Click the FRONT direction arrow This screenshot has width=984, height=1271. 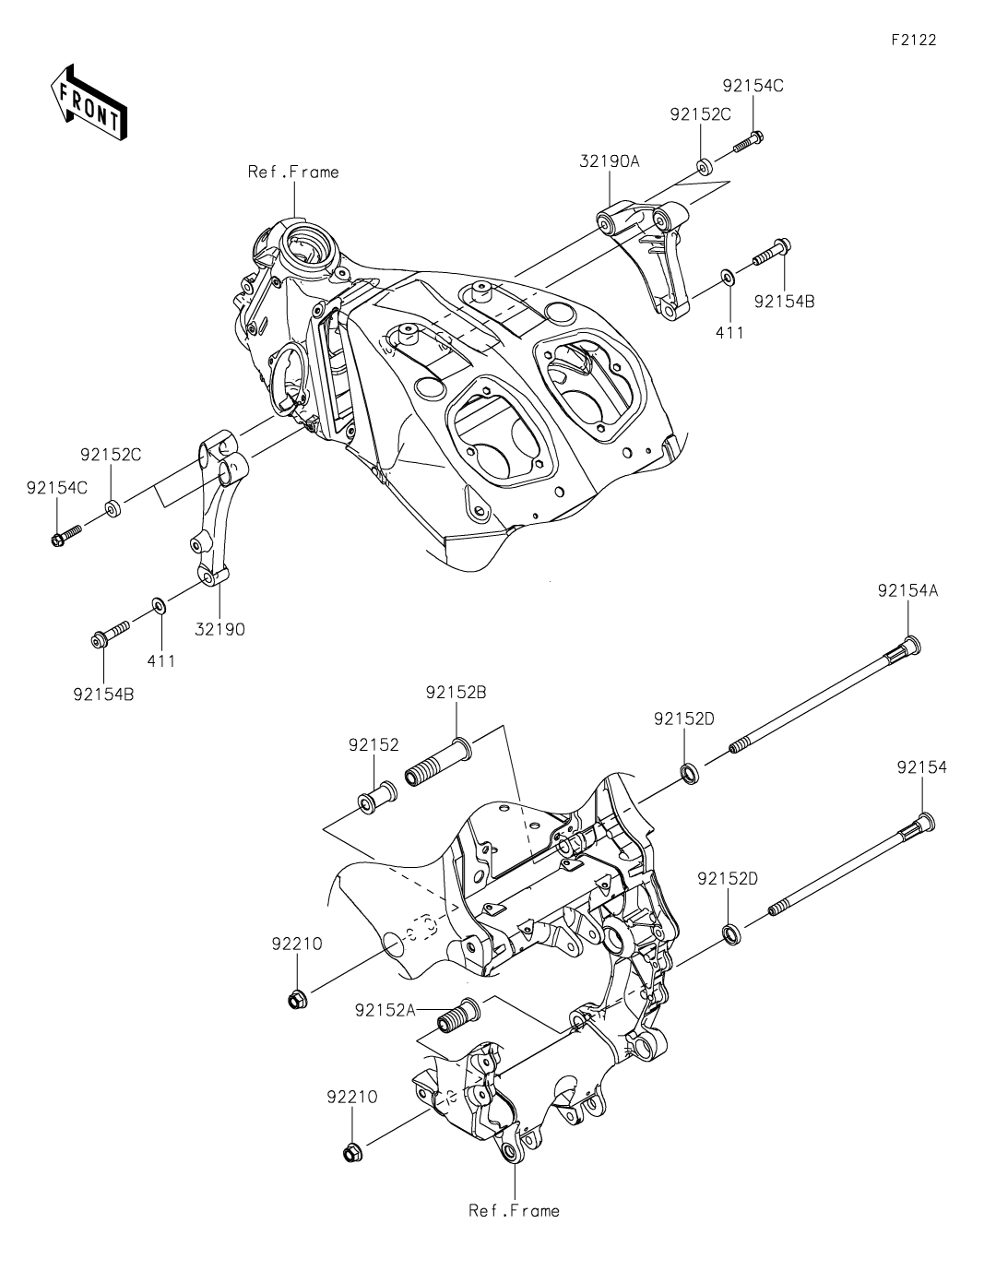(x=88, y=101)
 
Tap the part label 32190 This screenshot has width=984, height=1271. (x=220, y=630)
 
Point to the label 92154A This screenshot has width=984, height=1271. (x=907, y=592)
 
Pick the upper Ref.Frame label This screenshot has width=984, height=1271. (x=293, y=172)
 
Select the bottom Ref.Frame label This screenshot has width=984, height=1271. (x=514, y=1210)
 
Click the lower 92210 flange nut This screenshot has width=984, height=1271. (x=350, y=1153)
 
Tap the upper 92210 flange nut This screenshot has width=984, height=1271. (x=297, y=999)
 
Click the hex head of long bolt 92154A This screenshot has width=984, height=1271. (x=911, y=645)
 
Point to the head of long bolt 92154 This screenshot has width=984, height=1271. (x=926, y=822)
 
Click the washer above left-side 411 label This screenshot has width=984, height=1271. (x=160, y=605)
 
